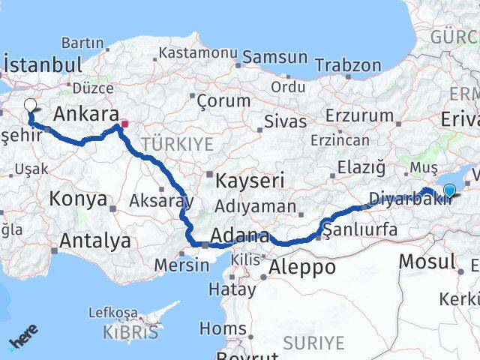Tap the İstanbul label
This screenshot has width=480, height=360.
[42, 64]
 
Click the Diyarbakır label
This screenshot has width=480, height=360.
[400, 200]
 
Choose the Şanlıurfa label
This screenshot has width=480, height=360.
[358, 229]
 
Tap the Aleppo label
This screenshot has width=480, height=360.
[302, 268]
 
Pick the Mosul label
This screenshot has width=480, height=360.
[427, 262]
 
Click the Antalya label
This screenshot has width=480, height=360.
[94, 241]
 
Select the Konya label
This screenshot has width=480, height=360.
[78, 199]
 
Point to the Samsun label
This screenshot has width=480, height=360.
[274, 57]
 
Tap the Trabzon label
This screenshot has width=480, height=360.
[348, 65]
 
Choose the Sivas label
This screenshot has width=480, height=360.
[286, 121]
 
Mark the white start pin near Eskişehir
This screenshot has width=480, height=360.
[31, 106]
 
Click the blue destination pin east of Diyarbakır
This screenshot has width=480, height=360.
[449, 190]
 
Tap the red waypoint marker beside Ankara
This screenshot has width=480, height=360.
[124, 124]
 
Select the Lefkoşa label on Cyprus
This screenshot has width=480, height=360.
[113, 312]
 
